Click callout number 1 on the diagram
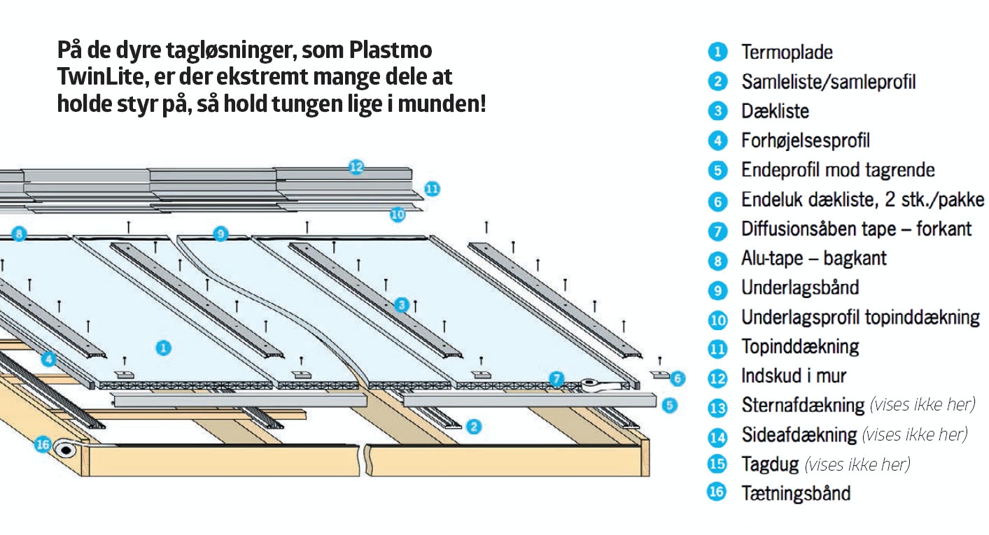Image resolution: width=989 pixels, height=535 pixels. point(163,348)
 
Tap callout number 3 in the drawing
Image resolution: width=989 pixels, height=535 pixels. point(401,305)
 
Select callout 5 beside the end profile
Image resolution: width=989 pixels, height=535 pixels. point(670,404)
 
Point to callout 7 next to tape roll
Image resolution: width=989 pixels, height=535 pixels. point(556,379)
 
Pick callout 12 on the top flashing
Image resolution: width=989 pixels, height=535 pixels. point(356,166)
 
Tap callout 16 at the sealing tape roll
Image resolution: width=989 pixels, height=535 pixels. point(43,445)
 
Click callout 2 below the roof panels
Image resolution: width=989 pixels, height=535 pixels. point(474,425)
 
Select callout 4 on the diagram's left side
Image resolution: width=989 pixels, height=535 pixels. point(48,359)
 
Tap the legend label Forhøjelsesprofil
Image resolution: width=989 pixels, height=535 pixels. point(805,141)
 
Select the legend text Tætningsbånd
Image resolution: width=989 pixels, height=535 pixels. point(796,493)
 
